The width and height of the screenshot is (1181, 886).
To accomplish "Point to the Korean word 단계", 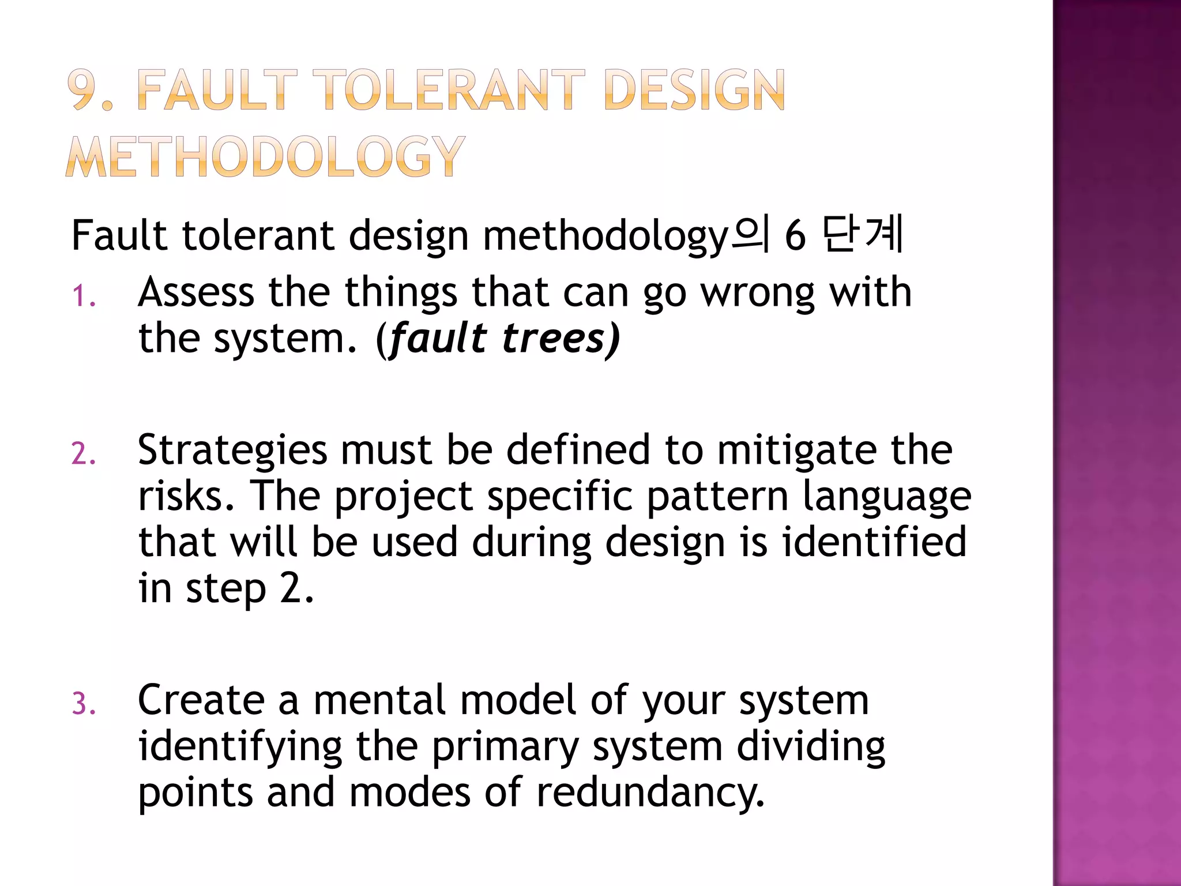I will pos(862,235).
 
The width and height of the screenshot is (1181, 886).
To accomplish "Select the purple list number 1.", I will pos(83,296).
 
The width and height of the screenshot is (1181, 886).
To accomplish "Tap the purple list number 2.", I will pos(83,454).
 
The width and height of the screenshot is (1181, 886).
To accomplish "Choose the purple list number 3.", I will pos(83,704).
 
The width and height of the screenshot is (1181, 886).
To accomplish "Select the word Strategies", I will pos(232,450).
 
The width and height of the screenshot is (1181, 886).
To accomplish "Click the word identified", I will pos(874,542).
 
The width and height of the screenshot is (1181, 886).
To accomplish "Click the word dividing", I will pos(811,746).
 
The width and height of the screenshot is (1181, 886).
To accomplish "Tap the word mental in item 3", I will pos(380,700).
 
